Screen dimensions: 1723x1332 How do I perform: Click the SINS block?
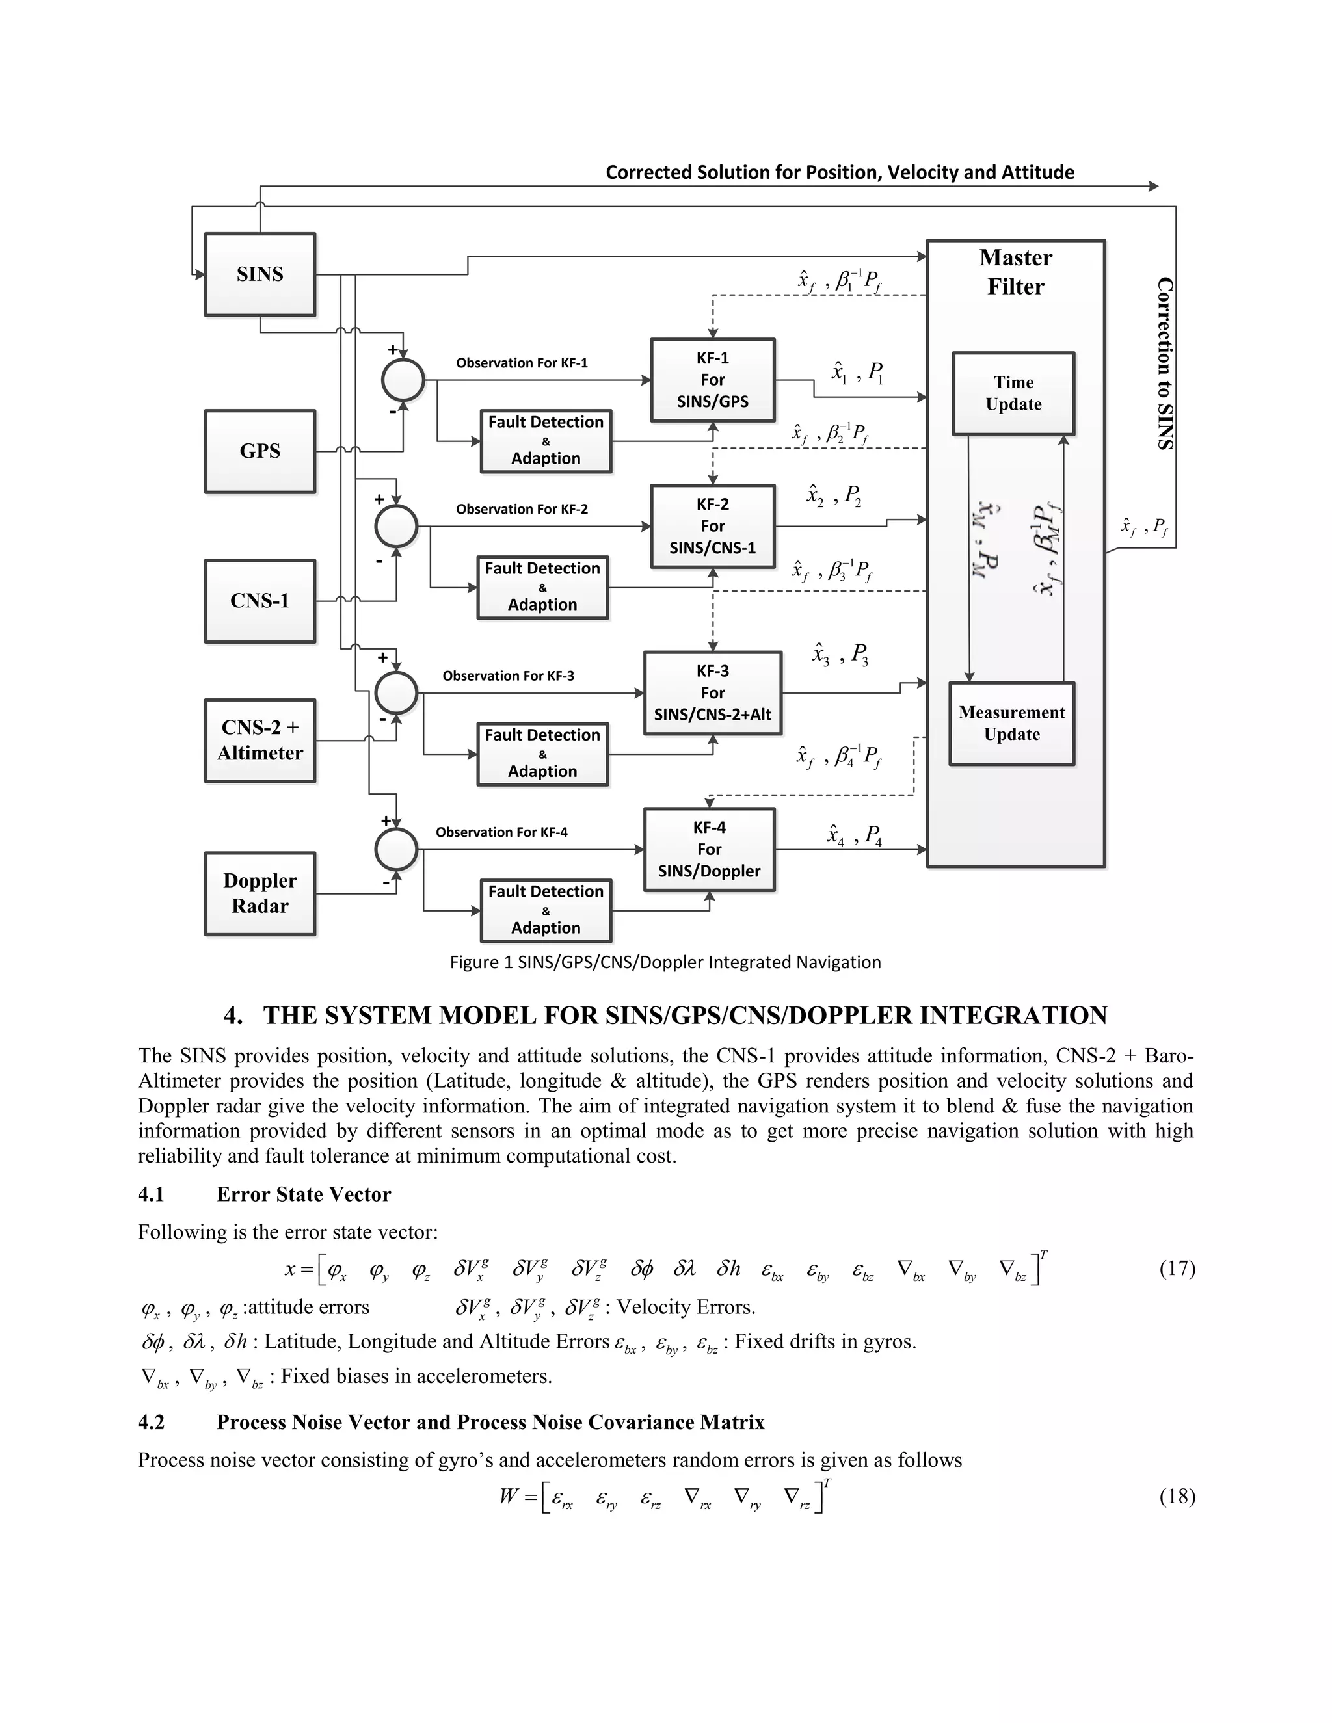(260, 274)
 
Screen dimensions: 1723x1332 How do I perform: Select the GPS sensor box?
(260, 451)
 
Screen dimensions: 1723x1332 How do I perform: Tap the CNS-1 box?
(260, 601)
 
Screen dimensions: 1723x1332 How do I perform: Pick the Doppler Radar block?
(260, 893)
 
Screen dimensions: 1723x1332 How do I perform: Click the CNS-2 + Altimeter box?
(260, 740)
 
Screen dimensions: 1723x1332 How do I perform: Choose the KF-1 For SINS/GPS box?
(713, 380)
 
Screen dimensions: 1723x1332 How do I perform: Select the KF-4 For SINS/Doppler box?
(709, 849)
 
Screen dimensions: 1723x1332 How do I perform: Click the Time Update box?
(1013, 393)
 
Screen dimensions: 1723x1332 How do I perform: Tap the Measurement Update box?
(1011, 724)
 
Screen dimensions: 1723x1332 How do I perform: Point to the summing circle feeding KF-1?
(403, 380)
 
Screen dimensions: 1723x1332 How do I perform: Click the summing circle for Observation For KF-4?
(396, 850)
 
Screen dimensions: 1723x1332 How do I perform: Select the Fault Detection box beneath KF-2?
(542, 587)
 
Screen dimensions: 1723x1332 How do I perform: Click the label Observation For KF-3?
(508, 676)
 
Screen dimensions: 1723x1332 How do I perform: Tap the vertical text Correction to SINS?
(1165, 363)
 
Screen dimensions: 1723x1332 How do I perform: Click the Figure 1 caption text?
(665, 962)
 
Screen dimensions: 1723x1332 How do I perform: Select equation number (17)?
(1177, 1269)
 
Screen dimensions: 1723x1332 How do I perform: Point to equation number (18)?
(1177, 1497)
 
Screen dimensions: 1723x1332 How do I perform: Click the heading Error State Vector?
(304, 1194)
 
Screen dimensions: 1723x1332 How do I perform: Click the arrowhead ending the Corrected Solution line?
(1154, 186)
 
